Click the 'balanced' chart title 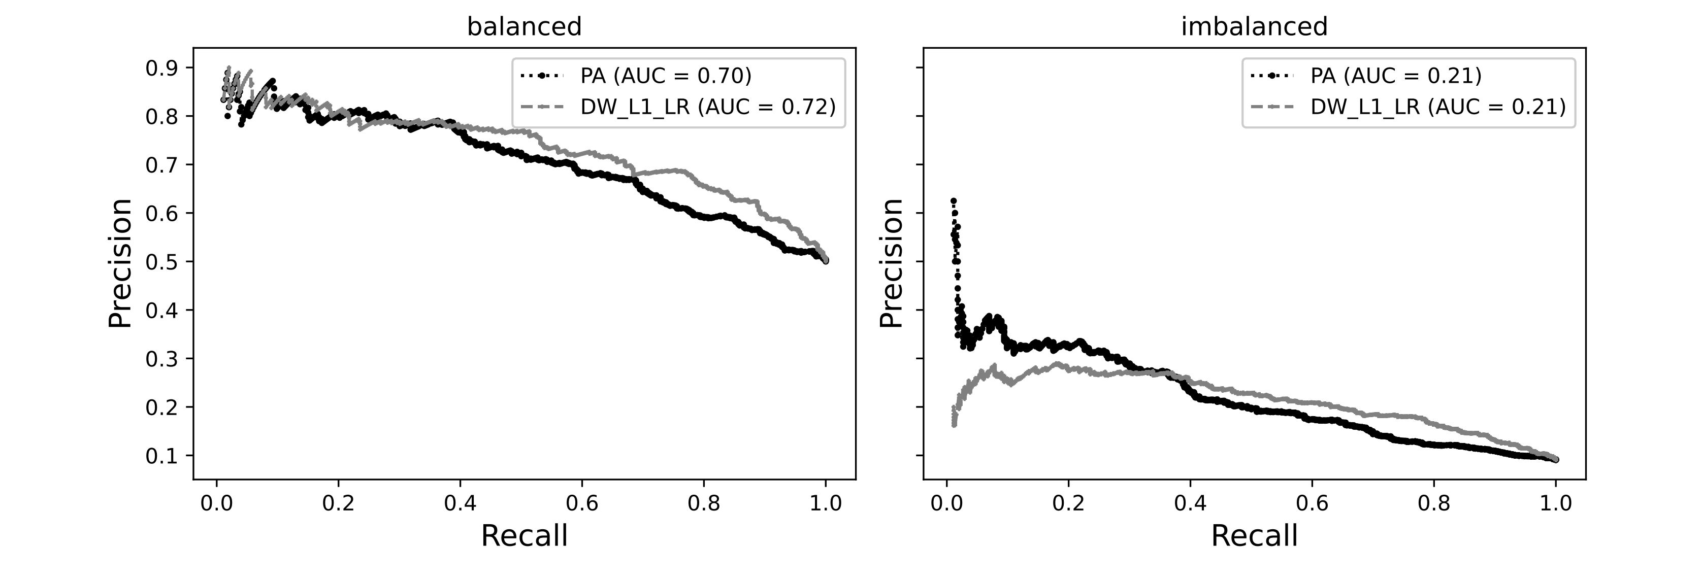pos(524,27)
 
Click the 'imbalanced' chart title pos(1254,27)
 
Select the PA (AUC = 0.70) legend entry pos(665,76)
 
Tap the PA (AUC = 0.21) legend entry pos(1395,76)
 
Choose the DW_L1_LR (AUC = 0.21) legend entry pos(1438,107)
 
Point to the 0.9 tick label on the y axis pos(161,68)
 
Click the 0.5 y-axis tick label pos(161,262)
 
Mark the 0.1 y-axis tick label pos(161,456)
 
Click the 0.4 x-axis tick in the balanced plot pos(460,503)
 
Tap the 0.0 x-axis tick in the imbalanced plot pos(947,503)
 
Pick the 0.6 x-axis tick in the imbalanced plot pos(1312,503)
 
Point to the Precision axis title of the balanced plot pos(120,263)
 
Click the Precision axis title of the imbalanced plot pos(891,263)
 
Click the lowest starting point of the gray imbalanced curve pos(954,425)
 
